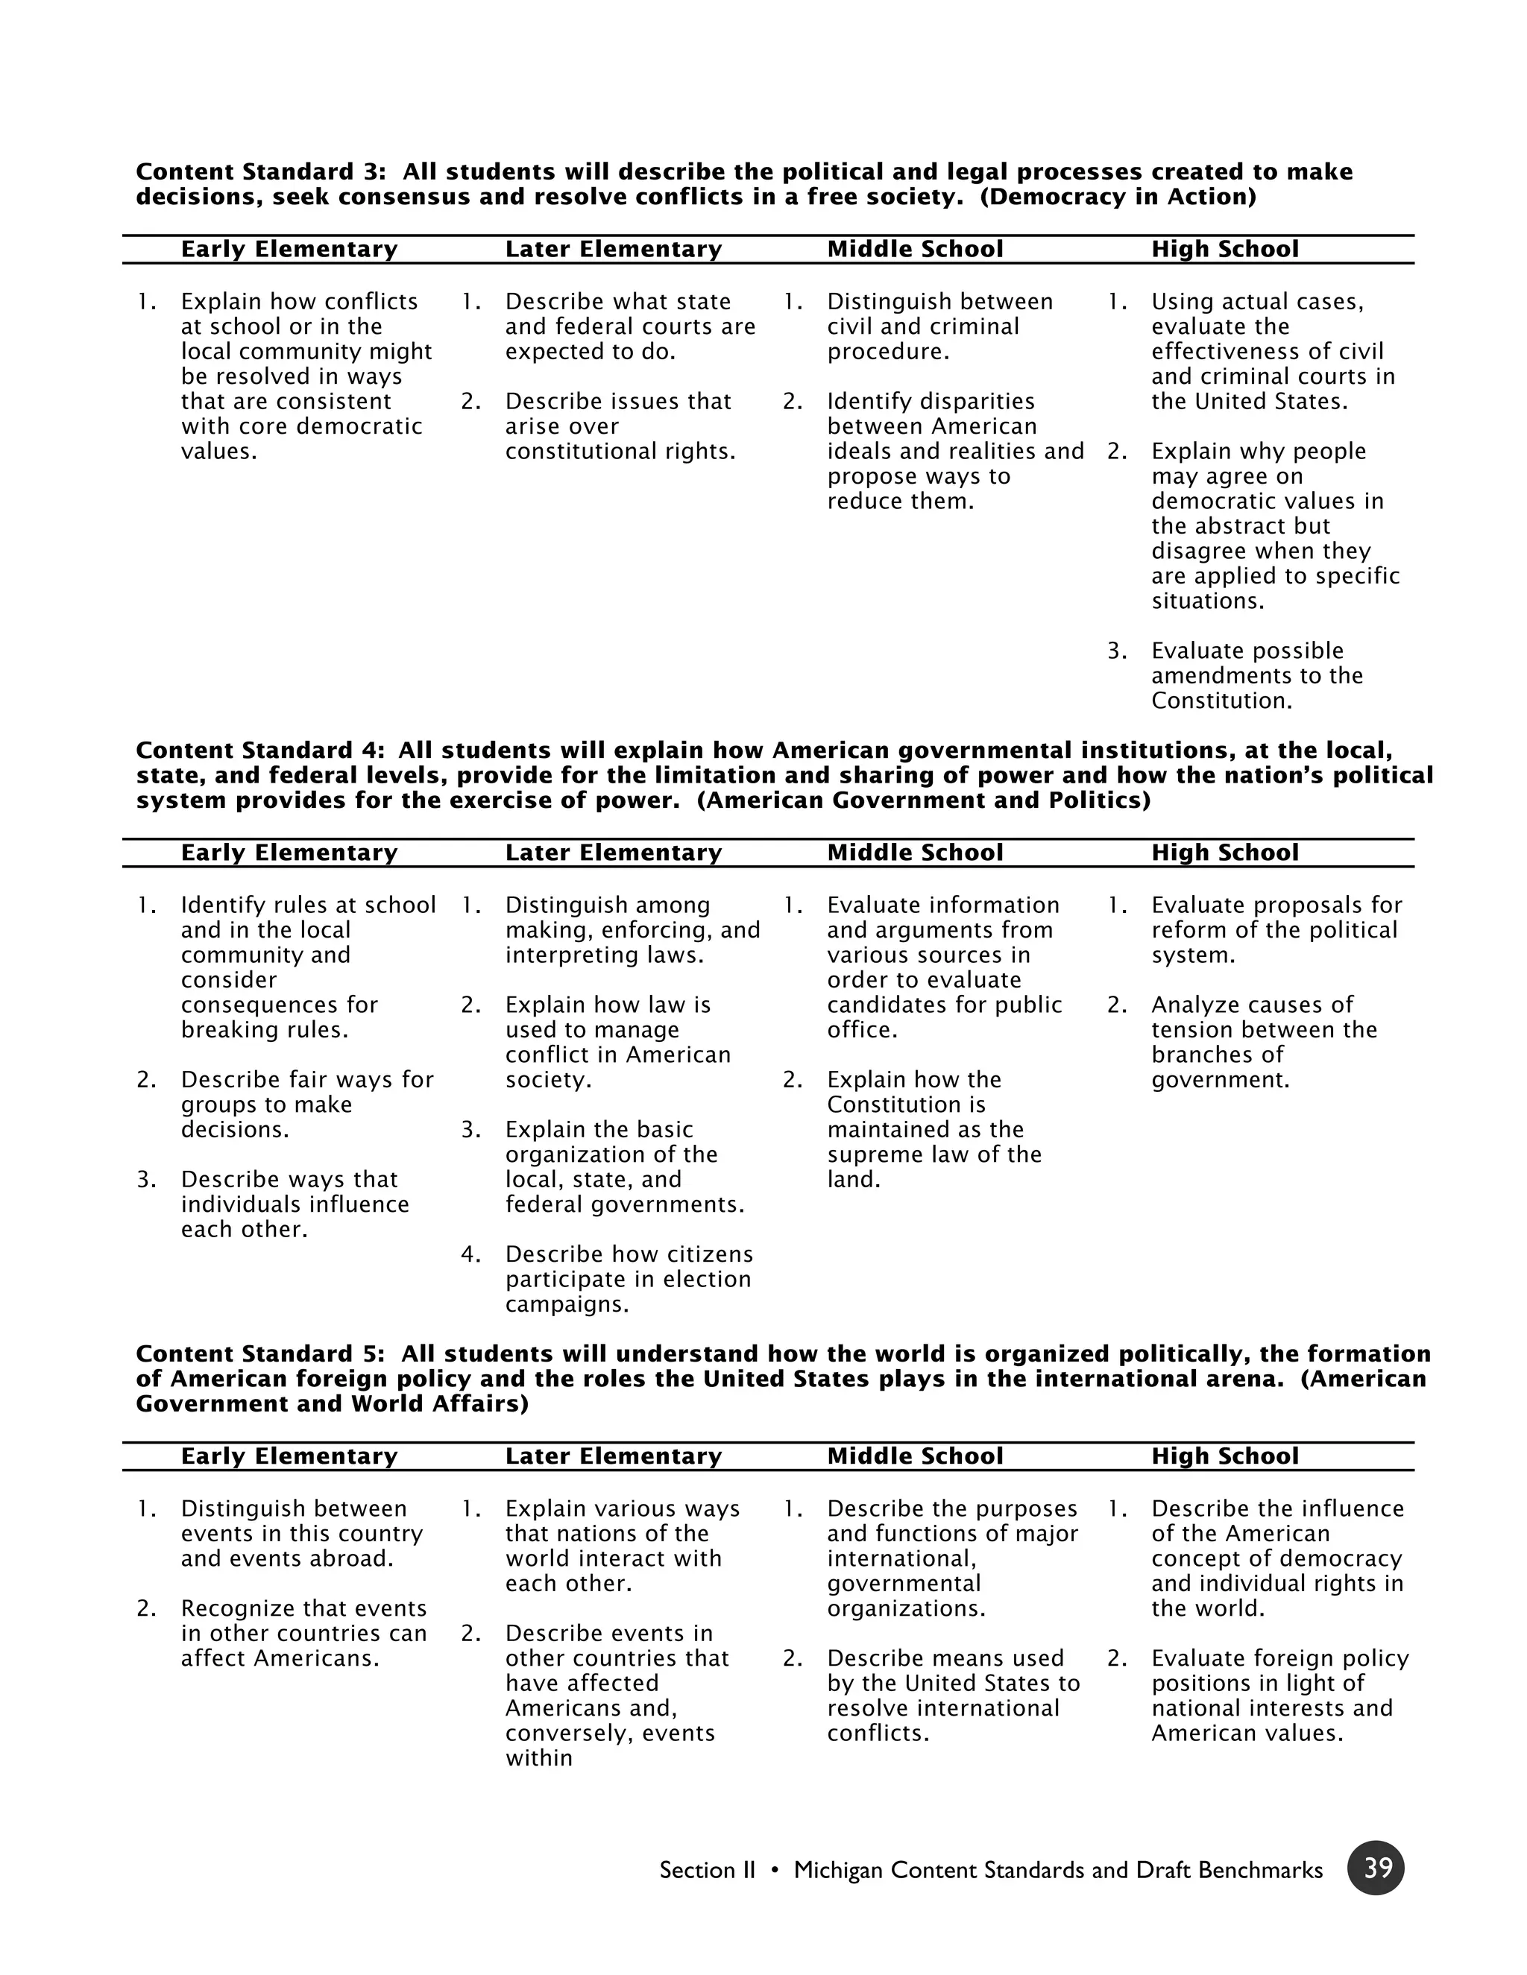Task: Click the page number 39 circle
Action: (1375, 1868)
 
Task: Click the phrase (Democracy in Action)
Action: (1118, 197)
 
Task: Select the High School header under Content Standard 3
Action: (1225, 250)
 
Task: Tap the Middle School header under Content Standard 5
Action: (915, 1456)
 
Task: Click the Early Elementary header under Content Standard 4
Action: (289, 853)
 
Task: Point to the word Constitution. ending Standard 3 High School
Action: (1221, 701)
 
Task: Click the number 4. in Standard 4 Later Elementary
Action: (470, 1254)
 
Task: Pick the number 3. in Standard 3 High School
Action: (1117, 651)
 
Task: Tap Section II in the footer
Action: (707, 1870)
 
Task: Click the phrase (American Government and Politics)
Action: (924, 800)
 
